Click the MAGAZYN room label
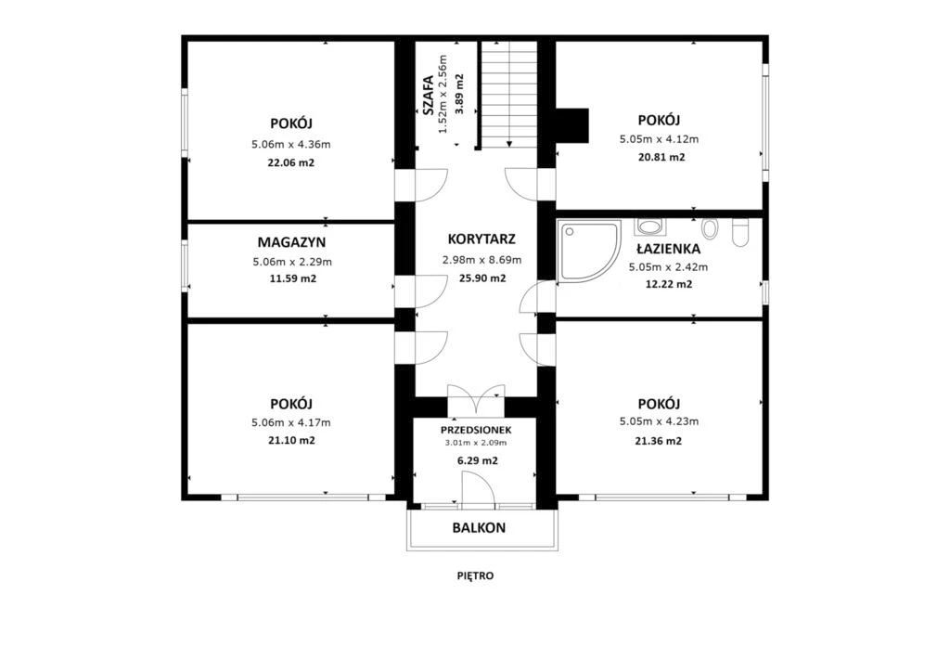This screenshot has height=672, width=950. pyautogui.click(x=291, y=242)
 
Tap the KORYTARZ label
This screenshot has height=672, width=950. pyautogui.click(x=481, y=239)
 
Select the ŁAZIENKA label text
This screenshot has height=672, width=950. pyautogui.click(x=668, y=249)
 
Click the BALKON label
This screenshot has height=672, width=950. pyautogui.click(x=479, y=528)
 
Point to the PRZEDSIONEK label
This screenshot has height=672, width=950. pyautogui.click(x=476, y=431)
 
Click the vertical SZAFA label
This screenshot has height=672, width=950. pyautogui.click(x=428, y=95)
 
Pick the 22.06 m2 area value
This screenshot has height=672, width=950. pyautogui.click(x=290, y=163)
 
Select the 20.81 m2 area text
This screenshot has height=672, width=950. pyautogui.click(x=661, y=157)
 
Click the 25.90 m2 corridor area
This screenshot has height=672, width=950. pyautogui.click(x=482, y=278)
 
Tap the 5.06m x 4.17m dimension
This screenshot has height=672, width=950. pyautogui.click(x=291, y=422)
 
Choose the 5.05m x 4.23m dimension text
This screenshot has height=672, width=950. pyautogui.click(x=660, y=421)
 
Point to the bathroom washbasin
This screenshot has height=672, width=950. pyautogui.click(x=650, y=227)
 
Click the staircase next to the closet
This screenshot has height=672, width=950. pyautogui.click(x=509, y=95)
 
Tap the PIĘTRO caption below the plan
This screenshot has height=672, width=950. pyautogui.click(x=476, y=575)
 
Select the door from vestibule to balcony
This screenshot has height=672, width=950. pyautogui.click(x=479, y=488)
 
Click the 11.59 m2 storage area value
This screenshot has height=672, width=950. pyautogui.click(x=292, y=279)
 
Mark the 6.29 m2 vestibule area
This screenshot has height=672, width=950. pyautogui.click(x=478, y=460)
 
